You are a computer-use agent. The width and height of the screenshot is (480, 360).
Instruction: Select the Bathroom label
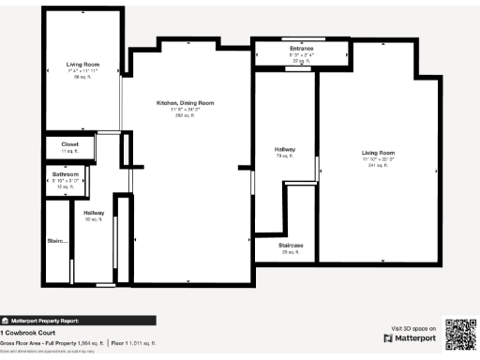(66, 174)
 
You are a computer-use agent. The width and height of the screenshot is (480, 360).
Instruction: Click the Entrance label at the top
(301, 48)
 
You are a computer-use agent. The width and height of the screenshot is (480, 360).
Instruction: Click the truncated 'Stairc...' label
(58, 241)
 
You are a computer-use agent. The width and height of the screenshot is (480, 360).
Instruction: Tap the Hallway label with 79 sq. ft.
(285, 149)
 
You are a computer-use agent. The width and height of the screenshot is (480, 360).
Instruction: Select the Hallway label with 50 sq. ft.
(94, 213)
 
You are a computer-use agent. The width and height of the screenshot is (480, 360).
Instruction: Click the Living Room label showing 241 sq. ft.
(379, 152)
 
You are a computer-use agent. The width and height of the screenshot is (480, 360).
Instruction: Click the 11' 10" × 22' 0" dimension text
(379, 158)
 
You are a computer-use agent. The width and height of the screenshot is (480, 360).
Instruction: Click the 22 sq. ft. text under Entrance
(301, 60)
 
